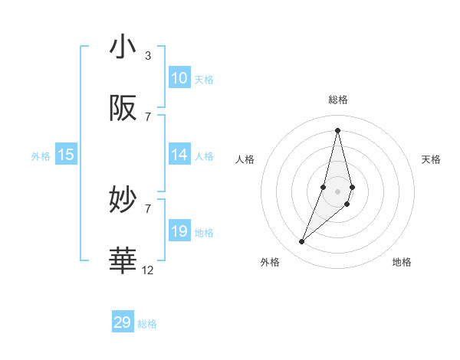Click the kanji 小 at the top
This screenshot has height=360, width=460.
(x=123, y=47)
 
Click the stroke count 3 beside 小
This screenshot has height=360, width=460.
(x=148, y=55)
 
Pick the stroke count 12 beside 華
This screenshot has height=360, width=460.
(x=148, y=270)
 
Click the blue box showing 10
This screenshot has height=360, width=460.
(x=179, y=78)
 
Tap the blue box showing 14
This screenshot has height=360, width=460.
(x=179, y=155)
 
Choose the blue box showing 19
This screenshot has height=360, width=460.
(x=179, y=231)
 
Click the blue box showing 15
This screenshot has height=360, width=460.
(x=66, y=155)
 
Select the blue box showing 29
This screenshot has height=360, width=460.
(x=123, y=322)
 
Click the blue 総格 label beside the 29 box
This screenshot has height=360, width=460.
(x=147, y=324)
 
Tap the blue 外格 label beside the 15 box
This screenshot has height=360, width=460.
(x=41, y=156)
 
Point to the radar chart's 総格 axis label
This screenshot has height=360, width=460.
(x=337, y=100)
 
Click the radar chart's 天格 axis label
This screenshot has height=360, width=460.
(x=431, y=159)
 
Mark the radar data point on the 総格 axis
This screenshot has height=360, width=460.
(x=337, y=129)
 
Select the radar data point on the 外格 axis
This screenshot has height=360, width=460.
(x=302, y=242)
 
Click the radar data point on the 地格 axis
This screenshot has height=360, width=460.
(x=347, y=204)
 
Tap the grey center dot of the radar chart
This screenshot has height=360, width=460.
(x=337, y=191)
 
